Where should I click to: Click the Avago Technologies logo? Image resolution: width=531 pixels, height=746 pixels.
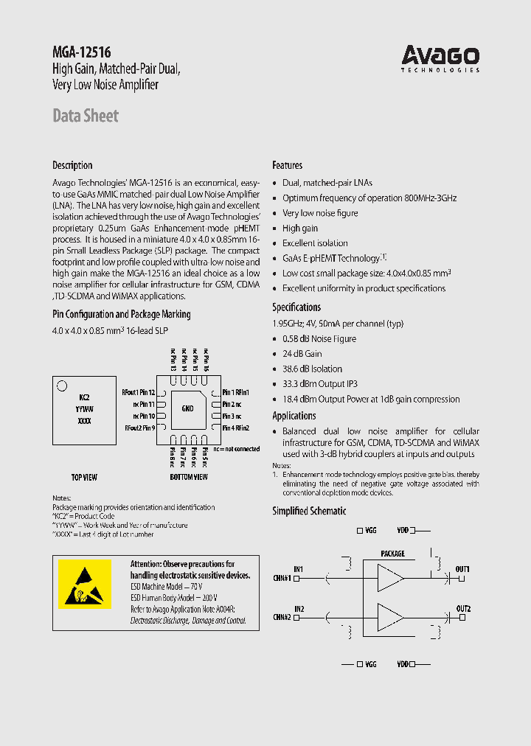click(x=440, y=57)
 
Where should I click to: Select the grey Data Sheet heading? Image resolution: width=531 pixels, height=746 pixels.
click(x=86, y=116)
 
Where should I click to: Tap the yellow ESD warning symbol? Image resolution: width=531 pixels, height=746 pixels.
click(x=85, y=583)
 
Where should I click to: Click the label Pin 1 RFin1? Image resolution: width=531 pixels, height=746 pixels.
click(x=237, y=393)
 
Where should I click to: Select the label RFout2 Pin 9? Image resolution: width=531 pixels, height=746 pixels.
click(x=139, y=428)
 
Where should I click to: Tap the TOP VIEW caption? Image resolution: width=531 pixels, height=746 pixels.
click(x=84, y=477)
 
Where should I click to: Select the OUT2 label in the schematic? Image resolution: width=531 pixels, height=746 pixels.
click(x=463, y=608)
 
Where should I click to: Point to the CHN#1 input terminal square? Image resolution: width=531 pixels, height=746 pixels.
click(x=296, y=579)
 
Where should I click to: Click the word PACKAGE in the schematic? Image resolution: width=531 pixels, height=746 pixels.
click(x=392, y=554)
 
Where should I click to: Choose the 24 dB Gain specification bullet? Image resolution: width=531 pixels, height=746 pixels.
click(x=302, y=354)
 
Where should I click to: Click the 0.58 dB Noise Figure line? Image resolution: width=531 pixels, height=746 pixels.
click(x=319, y=339)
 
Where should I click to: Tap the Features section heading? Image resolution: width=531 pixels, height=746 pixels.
click(x=288, y=165)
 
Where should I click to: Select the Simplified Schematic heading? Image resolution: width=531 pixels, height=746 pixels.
click(x=309, y=511)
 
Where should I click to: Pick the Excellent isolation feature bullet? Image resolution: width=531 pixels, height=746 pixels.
click(x=315, y=243)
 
